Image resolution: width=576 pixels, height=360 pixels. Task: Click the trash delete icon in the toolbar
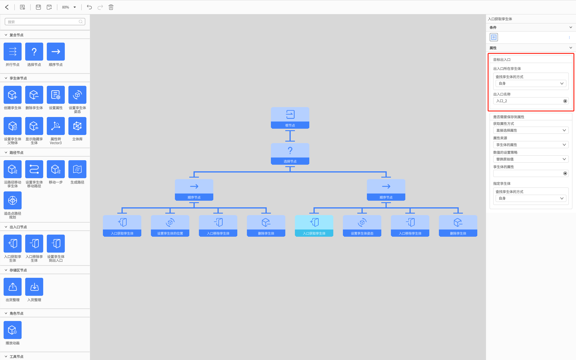tap(111, 7)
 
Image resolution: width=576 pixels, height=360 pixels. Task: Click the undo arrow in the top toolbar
tap(89, 7)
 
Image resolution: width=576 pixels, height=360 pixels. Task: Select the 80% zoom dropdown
tap(69, 7)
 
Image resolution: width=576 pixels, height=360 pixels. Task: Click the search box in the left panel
tap(45, 22)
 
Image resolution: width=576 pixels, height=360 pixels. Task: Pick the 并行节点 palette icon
tap(13, 52)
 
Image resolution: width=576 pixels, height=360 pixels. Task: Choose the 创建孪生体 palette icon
tap(13, 95)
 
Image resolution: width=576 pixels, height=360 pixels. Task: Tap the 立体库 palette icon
tap(77, 126)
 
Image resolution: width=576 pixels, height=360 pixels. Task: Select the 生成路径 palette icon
tap(77, 169)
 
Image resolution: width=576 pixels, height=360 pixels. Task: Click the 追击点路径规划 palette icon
tap(13, 200)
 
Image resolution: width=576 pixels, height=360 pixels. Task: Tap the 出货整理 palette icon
tap(13, 287)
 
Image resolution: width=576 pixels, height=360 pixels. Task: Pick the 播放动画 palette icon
tap(13, 330)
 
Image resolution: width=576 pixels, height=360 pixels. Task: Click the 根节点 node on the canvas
tap(290, 118)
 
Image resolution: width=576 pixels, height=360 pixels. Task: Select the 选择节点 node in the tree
tap(290, 154)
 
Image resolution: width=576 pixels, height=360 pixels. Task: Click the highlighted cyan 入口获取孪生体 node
tap(314, 226)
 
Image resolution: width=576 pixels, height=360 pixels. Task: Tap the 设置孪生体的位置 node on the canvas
tap(170, 226)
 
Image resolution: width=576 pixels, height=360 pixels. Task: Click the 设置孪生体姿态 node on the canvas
tap(362, 226)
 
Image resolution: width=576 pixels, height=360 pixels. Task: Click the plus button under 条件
tap(494, 37)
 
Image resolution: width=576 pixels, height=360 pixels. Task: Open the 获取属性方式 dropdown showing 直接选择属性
tap(531, 130)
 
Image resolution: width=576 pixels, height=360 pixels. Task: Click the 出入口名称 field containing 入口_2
tap(531, 101)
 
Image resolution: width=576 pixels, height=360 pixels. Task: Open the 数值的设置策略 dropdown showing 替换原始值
tap(531, 159)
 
